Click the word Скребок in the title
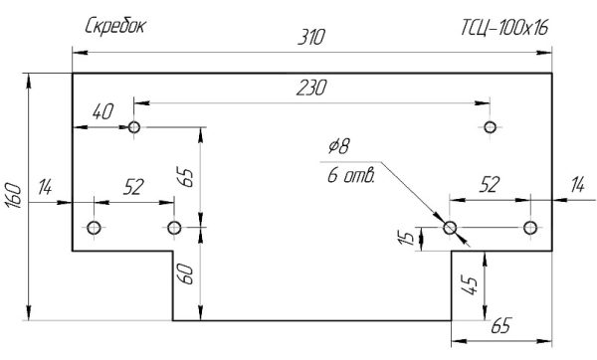click(x=115, y=27)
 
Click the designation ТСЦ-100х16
click(x=504, y=28)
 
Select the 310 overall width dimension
click(x=311, y=38)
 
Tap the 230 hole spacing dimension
click(x=311, y=88)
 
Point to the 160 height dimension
click(x=14, y=196)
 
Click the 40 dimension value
click(x=102, y=112)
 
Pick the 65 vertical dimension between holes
click(x=186, y=177)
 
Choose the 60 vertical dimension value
click(x=186, y=274)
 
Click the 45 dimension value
click(x=470, y=285)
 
